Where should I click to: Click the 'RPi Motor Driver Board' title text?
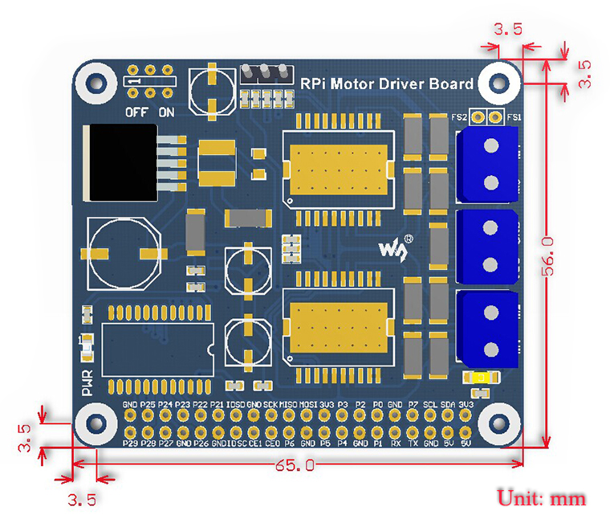click(386, 84)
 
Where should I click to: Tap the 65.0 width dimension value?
click(294, 465)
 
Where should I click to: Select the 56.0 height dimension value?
click(548, 255)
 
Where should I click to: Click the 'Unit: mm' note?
click(542, 497)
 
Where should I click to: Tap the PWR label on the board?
click(87, 383)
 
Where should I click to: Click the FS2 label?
click(460, 117)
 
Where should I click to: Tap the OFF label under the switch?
click(136, 112)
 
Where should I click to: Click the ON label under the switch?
click(167, 112)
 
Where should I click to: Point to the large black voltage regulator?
click(120, 163)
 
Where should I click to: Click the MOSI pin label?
click(307, 404)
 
